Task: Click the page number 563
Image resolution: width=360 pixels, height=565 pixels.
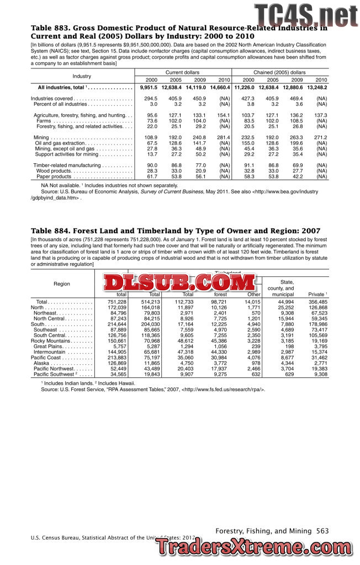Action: [322, 531]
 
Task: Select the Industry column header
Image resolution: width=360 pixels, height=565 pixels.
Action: [82, 76]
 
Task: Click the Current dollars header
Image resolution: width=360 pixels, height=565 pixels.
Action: [182, 72]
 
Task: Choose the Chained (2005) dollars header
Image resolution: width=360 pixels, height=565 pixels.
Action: [279, 72]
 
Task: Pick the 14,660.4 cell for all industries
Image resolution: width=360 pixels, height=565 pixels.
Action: [220, 88]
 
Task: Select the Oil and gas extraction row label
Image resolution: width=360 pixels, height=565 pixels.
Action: [59, 143]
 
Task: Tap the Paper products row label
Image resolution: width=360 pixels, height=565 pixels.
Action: [55, 177]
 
